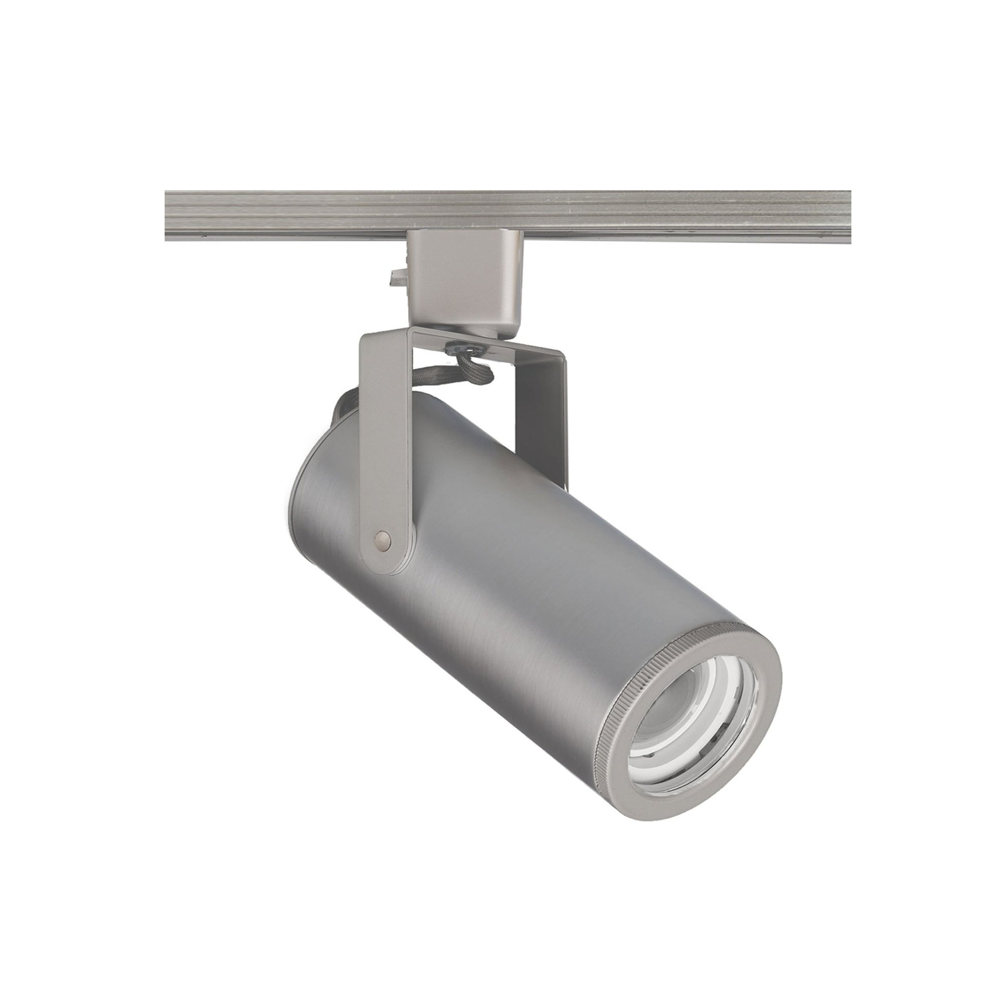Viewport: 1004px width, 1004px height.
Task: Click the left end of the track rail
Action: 171,216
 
